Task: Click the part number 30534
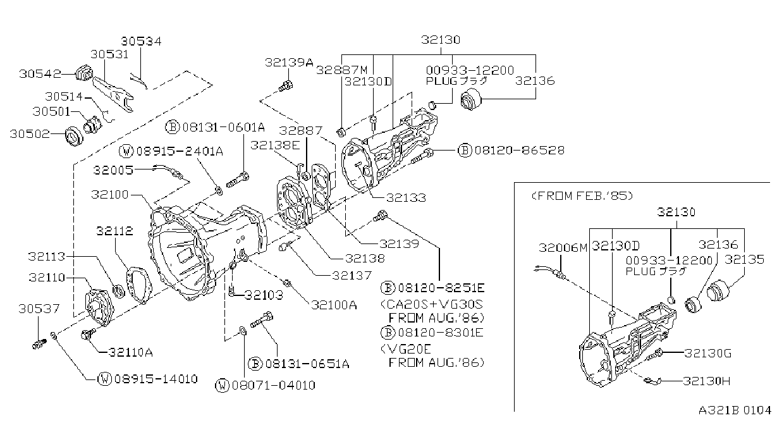141,41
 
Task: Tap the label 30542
40,73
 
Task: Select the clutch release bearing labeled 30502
74,137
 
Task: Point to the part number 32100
109,194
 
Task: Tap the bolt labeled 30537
39,344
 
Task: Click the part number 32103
264,295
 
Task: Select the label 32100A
334,305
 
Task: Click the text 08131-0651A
307,364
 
